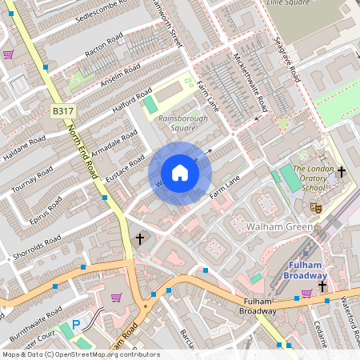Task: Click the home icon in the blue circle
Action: (180, 173)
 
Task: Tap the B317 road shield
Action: (62, 110)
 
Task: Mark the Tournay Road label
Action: (33, 180)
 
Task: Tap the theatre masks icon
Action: (316, 207)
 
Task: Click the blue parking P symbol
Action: (76, 326)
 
